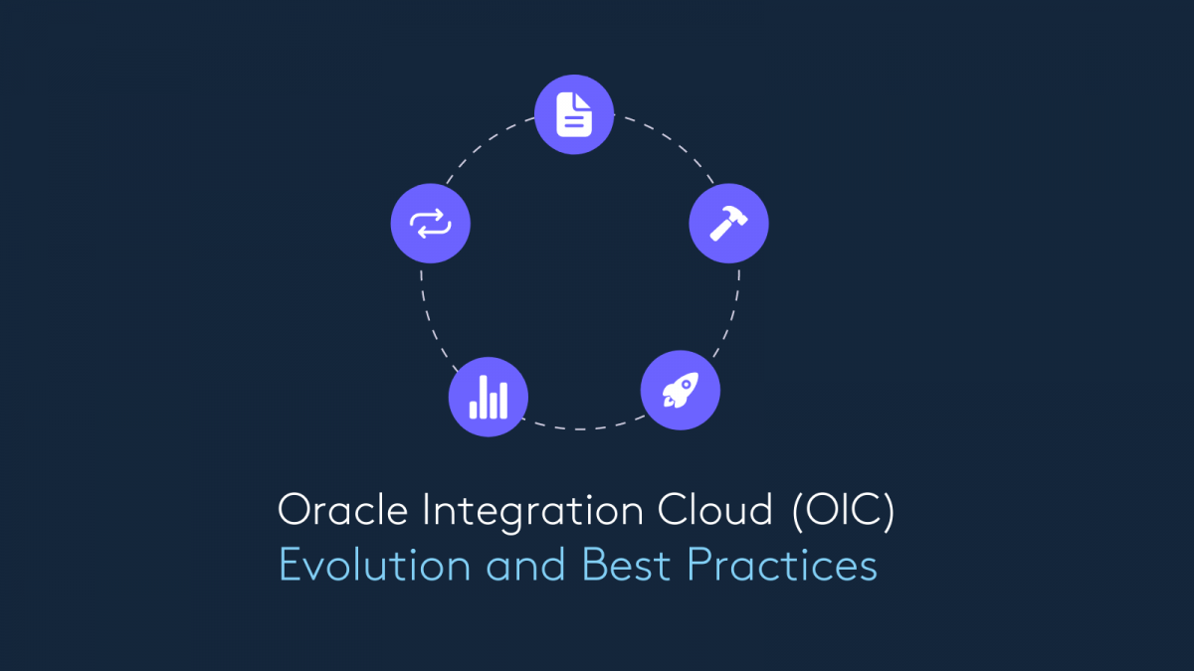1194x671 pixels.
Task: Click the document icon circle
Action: pyautogui.click(x=574, y=114)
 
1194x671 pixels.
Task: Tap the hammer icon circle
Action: pyautogui.click(x=728, y=223)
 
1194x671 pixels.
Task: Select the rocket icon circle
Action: pyautogui.click(x=681, y=390)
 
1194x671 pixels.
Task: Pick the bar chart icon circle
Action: pyautogui.click(x=489, y=397)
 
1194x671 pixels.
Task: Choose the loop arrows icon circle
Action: pyautogui.click(x=430, y=223)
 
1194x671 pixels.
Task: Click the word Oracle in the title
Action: pyautogui.click(x=342, y=510)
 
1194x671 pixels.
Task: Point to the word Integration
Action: pyautogui.click(x=533, y=512)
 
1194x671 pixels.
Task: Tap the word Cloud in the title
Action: pyautogui.click(x=714, y=509)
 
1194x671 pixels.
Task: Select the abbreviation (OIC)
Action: pyautogui.click(x=844, y=511)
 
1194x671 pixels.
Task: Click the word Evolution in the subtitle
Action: pyautogui.click(x=374, y=565)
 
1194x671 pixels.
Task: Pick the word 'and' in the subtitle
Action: pyautogui.click(x=525, y=565)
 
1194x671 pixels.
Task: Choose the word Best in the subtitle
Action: pyautogui.click(x=626, y=565)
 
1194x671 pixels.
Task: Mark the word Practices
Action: pyautogui.click(x=782, y=565)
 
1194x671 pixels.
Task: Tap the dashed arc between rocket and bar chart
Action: pyautogui.click(x=581, y=428)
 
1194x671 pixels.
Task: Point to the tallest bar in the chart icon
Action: pyautogui.click(x=484, y=397)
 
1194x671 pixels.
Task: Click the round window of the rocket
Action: pyautogui.click(x=687, y=385)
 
